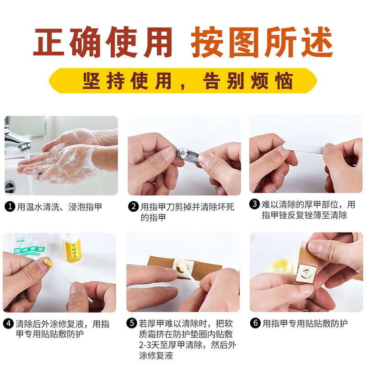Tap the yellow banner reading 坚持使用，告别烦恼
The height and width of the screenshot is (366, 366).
(183, 81)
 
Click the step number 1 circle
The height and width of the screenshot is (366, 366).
(9, 207)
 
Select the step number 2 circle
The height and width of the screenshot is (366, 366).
(133, 207)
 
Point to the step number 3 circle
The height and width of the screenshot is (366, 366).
(254, 205)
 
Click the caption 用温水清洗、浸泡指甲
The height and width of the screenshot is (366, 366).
(59, 207)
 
